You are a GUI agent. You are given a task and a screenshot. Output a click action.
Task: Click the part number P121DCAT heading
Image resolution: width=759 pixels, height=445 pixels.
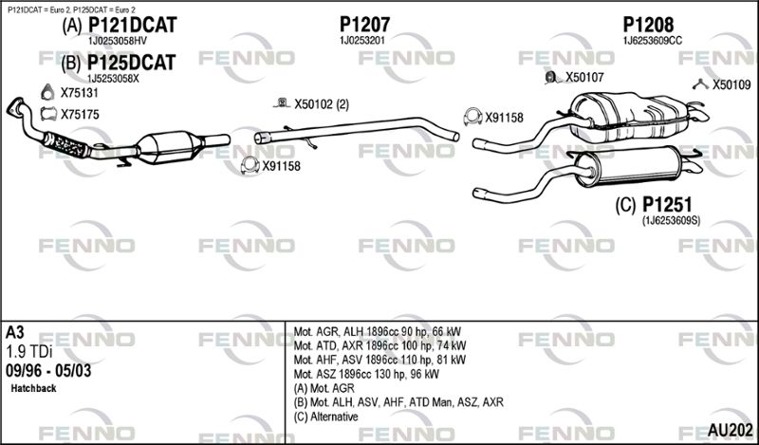pos(134,27)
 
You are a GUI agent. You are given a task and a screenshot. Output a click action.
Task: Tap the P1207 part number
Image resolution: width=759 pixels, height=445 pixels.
pos(364,24)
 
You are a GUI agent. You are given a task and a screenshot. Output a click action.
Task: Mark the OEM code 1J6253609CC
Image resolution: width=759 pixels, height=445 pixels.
pos(652,41)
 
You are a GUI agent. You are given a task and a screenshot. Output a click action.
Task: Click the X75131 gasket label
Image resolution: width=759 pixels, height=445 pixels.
pos(80,93)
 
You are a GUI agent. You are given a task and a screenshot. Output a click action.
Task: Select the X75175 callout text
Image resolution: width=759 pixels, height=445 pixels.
pos(80,114)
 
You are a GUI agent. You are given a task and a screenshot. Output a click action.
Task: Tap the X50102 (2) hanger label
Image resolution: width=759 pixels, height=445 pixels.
pos(322,104)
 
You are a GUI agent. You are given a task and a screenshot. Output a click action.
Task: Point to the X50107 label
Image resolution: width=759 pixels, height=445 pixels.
pos(584,78)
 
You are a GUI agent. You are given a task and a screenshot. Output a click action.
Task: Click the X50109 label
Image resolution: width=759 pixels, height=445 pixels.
pos(731,84)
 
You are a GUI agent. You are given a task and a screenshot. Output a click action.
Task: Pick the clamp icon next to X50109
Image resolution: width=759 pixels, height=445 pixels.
pos(699,84)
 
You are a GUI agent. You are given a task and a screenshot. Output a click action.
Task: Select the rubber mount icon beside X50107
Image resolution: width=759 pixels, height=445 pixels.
pos(551,77)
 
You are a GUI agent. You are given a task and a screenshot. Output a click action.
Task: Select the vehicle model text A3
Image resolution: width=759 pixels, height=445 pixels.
pos(15,333)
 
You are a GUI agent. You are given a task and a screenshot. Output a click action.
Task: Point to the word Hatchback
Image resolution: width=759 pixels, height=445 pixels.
pos(34,389)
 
